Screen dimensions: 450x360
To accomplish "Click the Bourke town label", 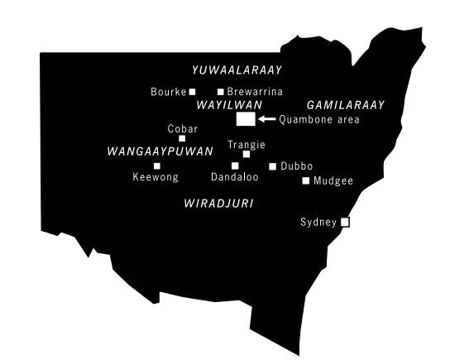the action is point(169,92).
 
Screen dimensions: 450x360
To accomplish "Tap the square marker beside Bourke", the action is point(193,92).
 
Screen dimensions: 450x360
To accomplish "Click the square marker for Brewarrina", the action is point(220,92).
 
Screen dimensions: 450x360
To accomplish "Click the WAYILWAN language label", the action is point(229,106).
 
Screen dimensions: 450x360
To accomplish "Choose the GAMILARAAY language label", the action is point(341,106).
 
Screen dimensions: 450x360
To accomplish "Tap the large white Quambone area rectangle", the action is point(245,119).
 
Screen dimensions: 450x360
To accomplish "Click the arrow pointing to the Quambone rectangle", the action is point(266,119).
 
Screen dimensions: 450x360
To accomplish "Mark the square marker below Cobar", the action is point(182,138).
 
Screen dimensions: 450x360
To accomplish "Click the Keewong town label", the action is point(156,176).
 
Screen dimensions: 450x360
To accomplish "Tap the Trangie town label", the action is point(246,144).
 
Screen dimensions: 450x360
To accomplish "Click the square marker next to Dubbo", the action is point(273,166).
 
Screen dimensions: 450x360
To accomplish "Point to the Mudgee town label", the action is point(333,180).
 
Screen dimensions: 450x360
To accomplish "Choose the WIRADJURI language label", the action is point(218,202).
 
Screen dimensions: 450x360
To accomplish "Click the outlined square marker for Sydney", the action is point(346,222).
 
